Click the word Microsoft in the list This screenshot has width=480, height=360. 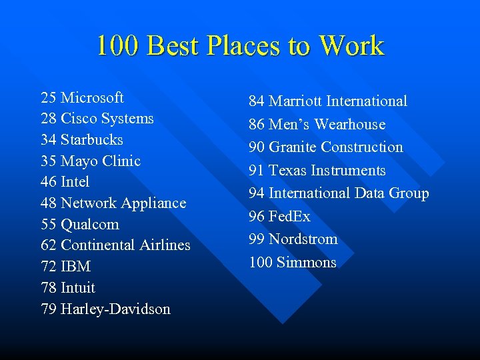click(x=92, y=98)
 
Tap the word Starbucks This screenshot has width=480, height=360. click(x=92, y=140)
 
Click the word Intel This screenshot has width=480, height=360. click(x=75, y=182)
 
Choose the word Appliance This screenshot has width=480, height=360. click(x=155, y=203)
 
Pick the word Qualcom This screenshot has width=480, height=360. click(x=89, y=225)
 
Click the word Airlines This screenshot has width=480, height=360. click(x=165, y=245)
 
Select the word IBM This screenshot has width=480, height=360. click(x=75, y=267)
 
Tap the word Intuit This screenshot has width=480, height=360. click(x=78, y=288)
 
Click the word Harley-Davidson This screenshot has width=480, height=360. click(x=115, y=309)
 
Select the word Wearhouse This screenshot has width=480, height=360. click(x=350, y=125)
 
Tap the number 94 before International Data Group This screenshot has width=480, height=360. click(x=257, y=193)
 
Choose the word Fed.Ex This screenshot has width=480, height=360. click(x=289, y=217)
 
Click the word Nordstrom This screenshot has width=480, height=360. click(x=303, y=239)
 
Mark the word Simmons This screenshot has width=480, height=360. click(x=306, y=263)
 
